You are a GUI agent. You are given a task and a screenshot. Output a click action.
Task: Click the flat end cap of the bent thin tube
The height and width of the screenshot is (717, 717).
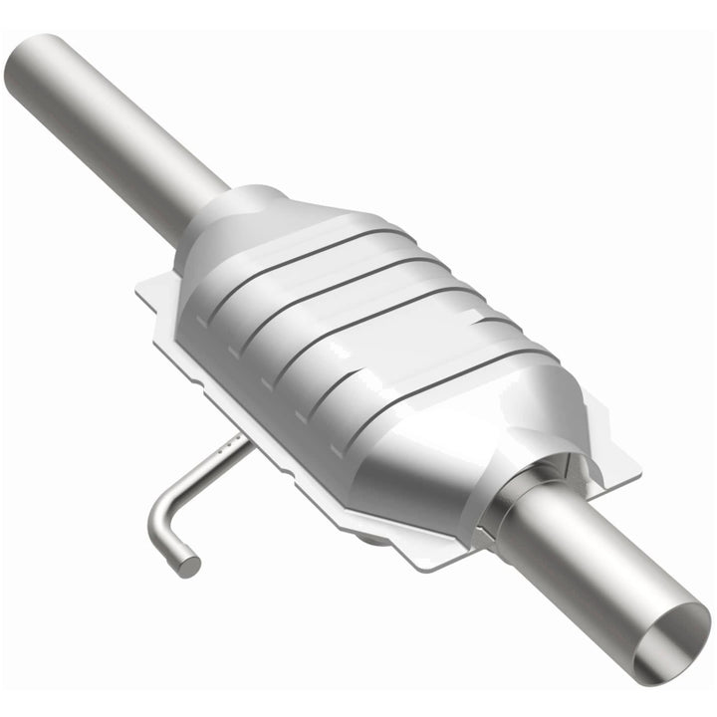(x=188, y=565)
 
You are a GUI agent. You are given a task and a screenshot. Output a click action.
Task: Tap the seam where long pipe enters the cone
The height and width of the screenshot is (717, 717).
(x=214, y=199)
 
